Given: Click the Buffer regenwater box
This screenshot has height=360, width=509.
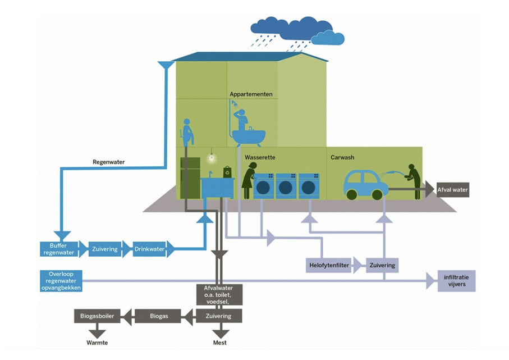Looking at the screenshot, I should [x=58, y=249].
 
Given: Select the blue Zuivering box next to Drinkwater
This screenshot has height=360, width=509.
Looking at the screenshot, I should [x=105, y=249].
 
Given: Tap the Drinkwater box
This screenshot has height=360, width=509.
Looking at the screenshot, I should [x=149, y=249].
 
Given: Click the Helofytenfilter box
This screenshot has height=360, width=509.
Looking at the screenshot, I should [x=329, y=265].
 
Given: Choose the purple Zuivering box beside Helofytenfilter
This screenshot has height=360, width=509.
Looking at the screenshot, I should [x=382, y=265].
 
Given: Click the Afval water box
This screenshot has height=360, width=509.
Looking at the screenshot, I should [x=452, y=190].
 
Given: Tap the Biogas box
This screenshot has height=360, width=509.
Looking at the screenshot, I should [x=158, y=316].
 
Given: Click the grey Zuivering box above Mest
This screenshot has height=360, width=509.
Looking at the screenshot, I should [x=218, y=316].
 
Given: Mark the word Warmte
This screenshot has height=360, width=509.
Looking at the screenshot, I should [x=97, y=342].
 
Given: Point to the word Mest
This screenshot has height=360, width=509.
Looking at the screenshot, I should [x=219, y=342].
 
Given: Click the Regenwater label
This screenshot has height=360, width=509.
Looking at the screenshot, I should [x=108, y=162].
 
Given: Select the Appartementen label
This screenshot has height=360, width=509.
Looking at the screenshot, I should [x=251, y=94].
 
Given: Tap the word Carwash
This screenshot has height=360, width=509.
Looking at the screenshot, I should [x=342, y=157].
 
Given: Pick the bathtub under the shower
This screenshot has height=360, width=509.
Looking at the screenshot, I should [x=249, y=138].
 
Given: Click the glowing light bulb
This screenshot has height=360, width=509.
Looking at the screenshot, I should [x=212, y=158].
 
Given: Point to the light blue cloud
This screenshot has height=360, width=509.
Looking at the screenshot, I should [x=328, y=38].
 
